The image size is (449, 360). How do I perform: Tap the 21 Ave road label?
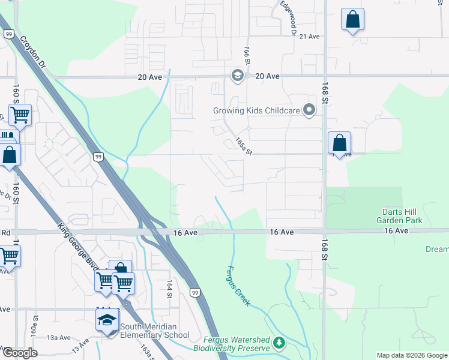point(309,37)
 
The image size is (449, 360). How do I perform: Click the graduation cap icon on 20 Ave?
point(237,75)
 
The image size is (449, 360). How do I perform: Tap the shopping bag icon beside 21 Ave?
point(352,19)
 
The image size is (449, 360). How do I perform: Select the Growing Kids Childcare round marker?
point(309,110)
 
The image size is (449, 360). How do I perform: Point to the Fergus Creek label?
point(237,286)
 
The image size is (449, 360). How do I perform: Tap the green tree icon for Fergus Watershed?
point(278,342)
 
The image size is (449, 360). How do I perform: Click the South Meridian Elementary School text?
point(155,331)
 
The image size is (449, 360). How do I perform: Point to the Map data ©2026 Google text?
point(412,355)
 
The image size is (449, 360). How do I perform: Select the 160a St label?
point(36,325)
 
